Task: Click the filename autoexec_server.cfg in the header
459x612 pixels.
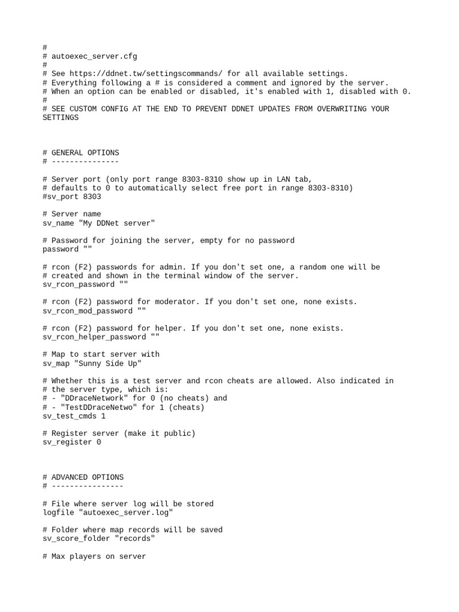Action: point(94,57)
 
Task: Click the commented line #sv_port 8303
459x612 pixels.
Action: point(72,197)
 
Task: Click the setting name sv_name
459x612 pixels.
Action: point(58,223)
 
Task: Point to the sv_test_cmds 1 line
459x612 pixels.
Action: point(74,416)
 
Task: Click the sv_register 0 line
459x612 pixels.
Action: point(72,442)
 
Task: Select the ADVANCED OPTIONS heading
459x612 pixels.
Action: point(87,478)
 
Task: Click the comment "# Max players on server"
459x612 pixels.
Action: point(94,556)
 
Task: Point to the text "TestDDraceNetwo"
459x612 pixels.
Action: point(94,408)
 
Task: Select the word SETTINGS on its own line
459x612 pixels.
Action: point(60,118)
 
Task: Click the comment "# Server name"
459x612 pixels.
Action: point(72,214)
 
